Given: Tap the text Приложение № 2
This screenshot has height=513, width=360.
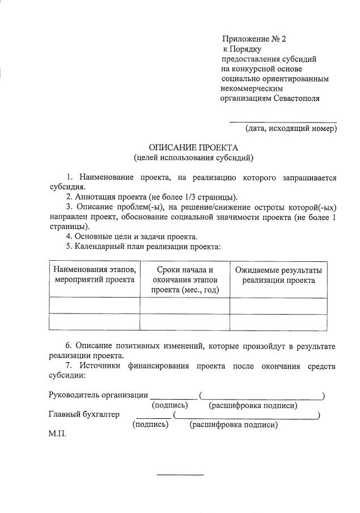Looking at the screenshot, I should (255, 39).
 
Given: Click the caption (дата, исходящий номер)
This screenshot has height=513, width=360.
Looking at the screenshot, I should (291, 129).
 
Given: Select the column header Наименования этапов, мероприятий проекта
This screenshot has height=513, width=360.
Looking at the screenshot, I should (95, 274).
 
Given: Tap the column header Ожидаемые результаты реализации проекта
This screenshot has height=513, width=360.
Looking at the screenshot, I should (278, 274).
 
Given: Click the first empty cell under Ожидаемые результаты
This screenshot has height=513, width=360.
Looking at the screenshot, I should (278, 306).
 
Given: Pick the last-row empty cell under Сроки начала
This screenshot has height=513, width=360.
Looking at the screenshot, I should (185, 321).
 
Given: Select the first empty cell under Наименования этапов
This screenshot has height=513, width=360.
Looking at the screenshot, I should (95, 306).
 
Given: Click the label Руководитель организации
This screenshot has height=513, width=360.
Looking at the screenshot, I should (98, 395).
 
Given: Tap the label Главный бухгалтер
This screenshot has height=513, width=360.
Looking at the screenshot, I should (84, 414).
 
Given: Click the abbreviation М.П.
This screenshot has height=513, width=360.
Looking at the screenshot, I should (58, 434).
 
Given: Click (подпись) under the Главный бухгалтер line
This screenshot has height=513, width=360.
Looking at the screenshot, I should (150, 425).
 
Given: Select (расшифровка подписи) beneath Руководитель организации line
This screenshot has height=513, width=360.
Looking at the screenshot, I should (253, 405).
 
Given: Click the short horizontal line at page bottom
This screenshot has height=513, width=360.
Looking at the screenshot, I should (180, 474).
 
